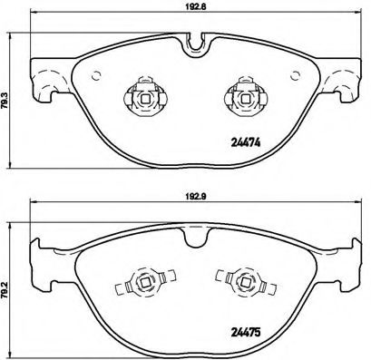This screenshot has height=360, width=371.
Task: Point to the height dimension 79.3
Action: click(x=7, y=95)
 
